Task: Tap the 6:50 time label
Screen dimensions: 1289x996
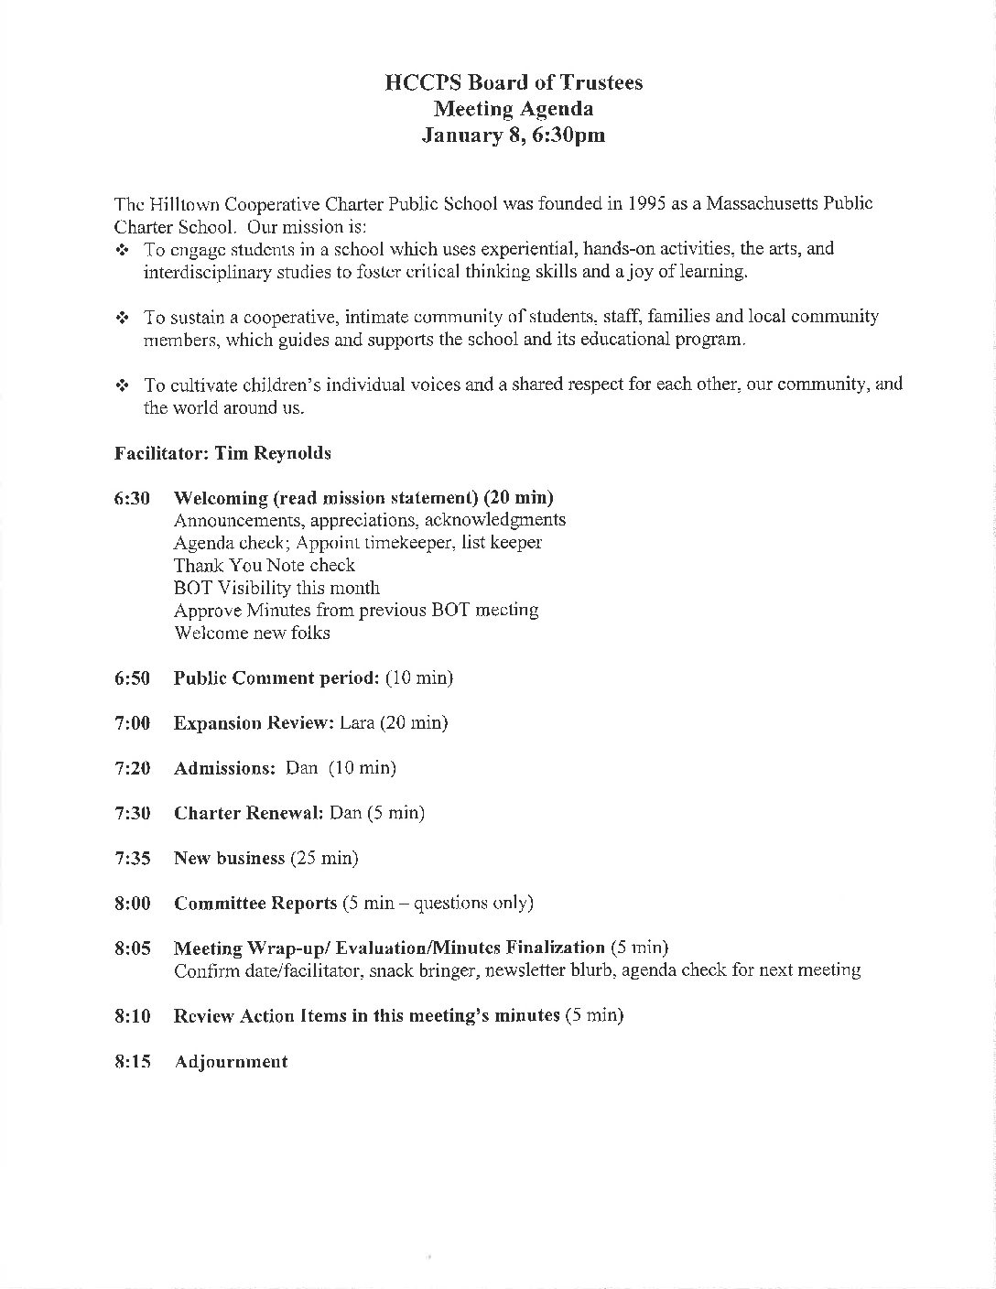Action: coord(132,678)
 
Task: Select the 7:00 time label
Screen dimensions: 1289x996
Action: coord(132,723)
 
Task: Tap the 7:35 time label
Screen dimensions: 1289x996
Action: coord(132,859)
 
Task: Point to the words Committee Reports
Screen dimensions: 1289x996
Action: coord(255,904)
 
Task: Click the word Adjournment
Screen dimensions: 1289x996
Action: coord(231,1062)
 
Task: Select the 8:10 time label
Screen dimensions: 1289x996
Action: coord(132,1016)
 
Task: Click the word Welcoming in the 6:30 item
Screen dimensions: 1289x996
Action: coord(220,498)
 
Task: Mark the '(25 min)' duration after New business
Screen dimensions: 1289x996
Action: coord(324,859)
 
